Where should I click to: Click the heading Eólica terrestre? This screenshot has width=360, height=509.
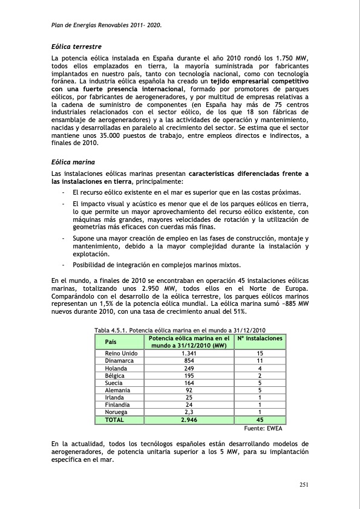click(x=76, y=46)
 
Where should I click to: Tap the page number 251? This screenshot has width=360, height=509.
click(x=305, y=484)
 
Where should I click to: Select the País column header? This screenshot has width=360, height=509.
click(x=111, y=342)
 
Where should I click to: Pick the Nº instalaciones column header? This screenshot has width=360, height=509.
click(x=260, y=339)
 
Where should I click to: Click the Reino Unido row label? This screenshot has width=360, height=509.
click(x=121, y=353)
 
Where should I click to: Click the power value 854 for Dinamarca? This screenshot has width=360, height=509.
click(x=189, y=360)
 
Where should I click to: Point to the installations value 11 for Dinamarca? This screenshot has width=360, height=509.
click(x=259, y=360)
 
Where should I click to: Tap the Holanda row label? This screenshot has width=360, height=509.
click(x=116, y=368)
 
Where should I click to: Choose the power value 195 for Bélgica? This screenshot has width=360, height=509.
click(x=189, y=375)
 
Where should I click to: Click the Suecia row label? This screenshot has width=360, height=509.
click(x=114, y=383)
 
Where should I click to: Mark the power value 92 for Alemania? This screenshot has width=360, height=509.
click(x=189, y=391)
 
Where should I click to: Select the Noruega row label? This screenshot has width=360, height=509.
click(x=116, y=412)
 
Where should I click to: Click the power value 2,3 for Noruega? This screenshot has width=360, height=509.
click(x=189, y=412)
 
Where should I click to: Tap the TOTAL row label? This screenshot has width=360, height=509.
click(x=114, y=420)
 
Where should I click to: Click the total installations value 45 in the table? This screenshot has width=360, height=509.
click(x=260, y=420)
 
